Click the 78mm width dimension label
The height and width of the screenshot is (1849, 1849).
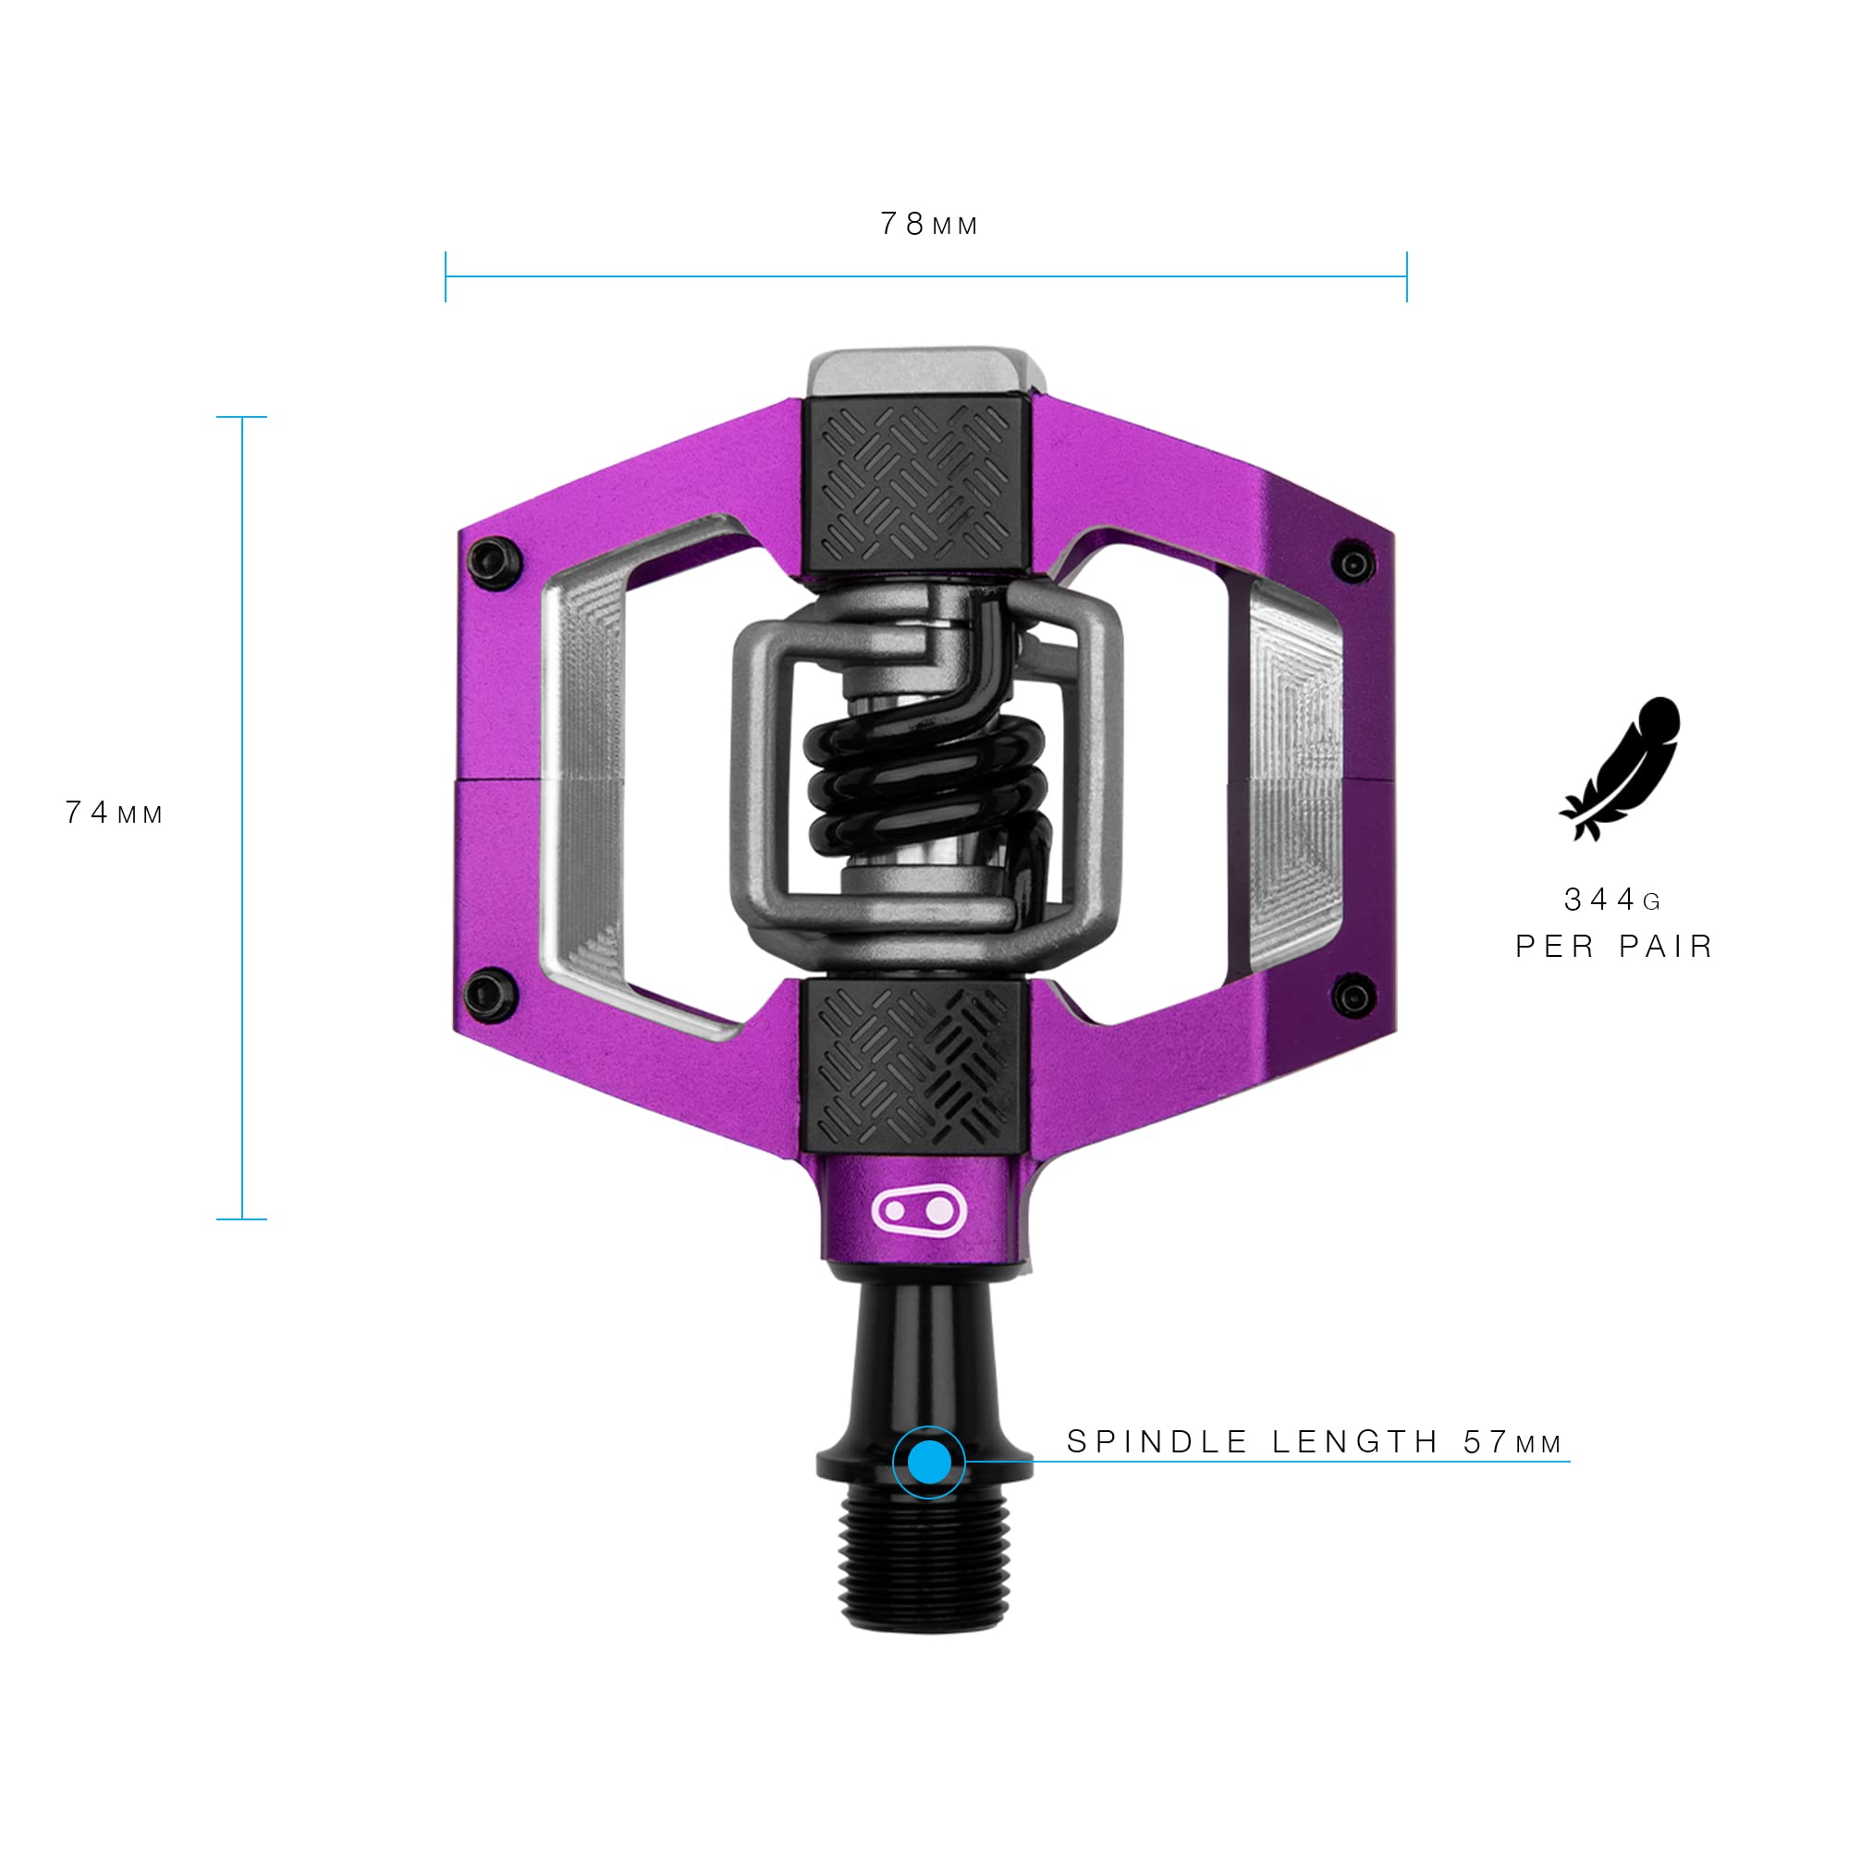coord(928,225)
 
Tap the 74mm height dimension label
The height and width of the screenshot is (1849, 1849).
coord(114,814)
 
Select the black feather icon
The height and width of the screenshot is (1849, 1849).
coord(1621,768)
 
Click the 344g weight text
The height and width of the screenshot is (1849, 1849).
coord(1613,900)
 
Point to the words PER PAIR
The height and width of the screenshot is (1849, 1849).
coord(1613,948)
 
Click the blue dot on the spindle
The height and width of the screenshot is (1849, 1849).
coord(928,1462)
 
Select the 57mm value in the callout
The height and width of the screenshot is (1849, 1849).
coord(1512,1442)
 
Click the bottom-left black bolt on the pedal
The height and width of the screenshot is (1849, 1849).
coord(490,996)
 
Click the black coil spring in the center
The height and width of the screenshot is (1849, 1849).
coord(924,790)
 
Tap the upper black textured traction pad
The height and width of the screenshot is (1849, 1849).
coord(915,484)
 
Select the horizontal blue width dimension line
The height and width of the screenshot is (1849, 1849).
coord(925,276)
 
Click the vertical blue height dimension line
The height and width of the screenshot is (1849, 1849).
coord(242,818)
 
